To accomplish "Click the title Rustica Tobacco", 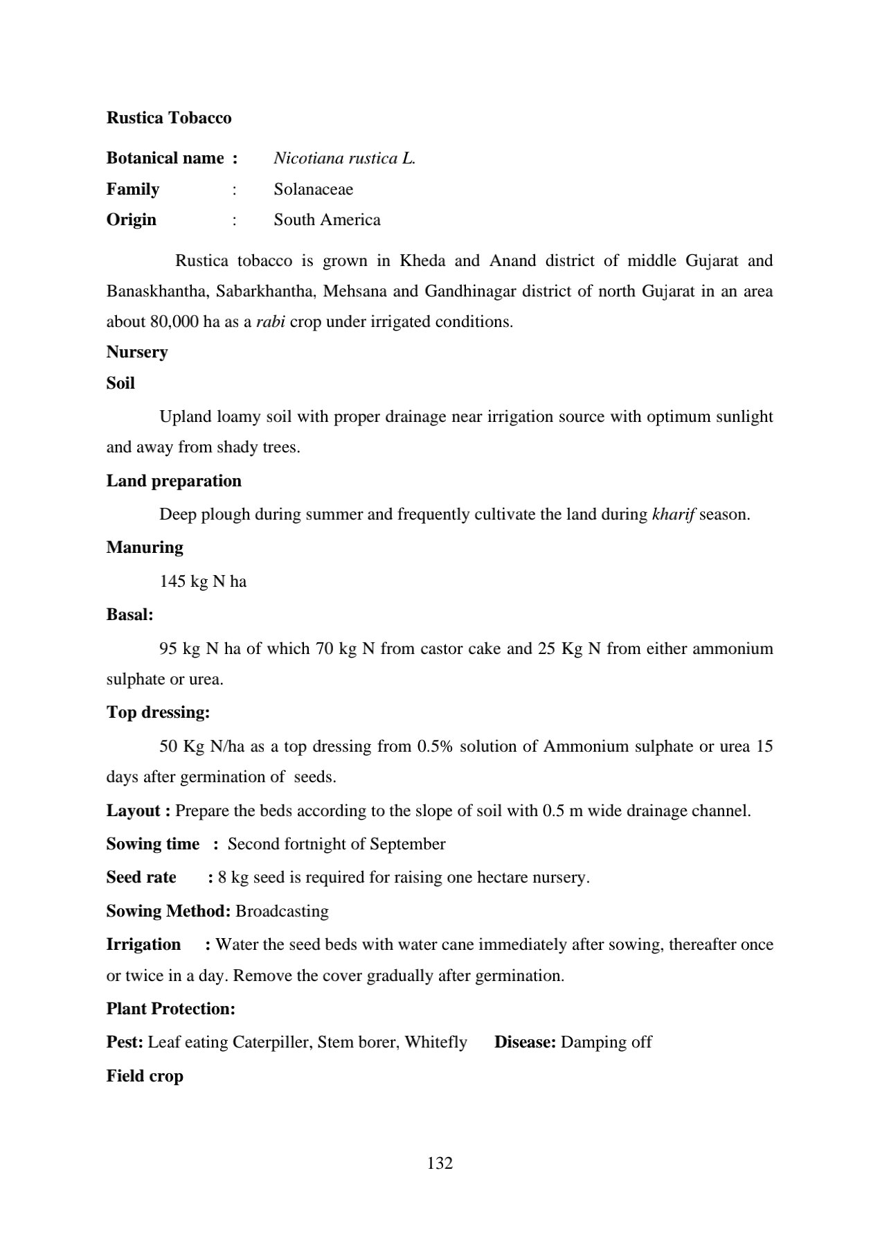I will [x=169, y=118].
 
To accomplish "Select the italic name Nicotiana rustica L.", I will [x=344, y=159].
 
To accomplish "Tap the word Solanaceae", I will [x=313, y=189].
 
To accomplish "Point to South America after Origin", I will [x=327, y=220].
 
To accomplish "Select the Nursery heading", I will [x=137, y=352].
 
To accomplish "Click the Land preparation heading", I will [x=174, y=481].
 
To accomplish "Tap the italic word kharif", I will [x=674, y=515].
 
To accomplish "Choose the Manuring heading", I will [x=145, y=547].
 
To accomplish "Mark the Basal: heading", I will [x=129, y=615].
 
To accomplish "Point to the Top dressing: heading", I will [x=158, y=712].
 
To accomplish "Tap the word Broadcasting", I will [x=282, y=911].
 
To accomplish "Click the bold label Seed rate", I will [x=141, y=877].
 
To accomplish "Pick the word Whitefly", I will [x=436, y=1042].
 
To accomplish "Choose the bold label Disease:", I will [x=525, y=1042].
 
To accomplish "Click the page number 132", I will [x=440, y=1163].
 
